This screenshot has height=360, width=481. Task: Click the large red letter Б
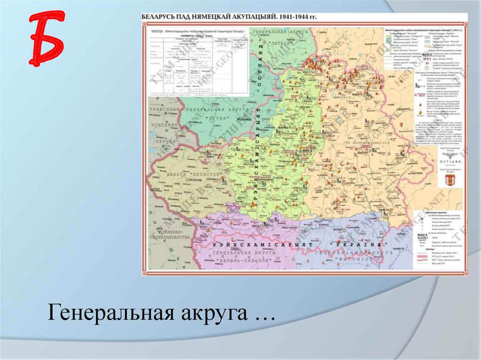coord(46,38)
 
